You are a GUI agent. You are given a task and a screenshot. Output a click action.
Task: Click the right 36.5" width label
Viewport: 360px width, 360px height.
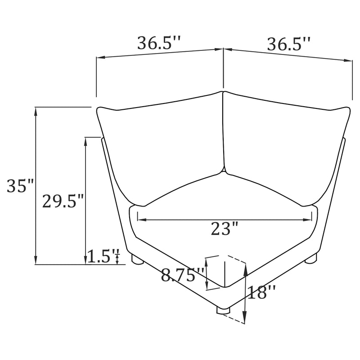click(288, 44)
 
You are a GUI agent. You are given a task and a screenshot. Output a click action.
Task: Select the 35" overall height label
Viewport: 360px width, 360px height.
click(20, 185)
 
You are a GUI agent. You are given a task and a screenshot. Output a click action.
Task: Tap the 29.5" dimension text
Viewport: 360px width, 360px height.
click(63, 200)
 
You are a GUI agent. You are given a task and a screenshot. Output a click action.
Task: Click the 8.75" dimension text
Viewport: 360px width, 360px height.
click(183, 274)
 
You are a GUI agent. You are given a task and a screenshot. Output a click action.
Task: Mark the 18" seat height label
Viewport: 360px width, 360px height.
click(261, 293)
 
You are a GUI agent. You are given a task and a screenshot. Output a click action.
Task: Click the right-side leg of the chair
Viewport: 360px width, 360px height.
click(310, 259)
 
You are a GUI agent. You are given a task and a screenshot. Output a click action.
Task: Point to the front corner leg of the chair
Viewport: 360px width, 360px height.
click(223, 310)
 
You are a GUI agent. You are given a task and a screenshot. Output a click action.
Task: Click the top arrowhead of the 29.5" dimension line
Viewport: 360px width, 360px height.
click(85, 141)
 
